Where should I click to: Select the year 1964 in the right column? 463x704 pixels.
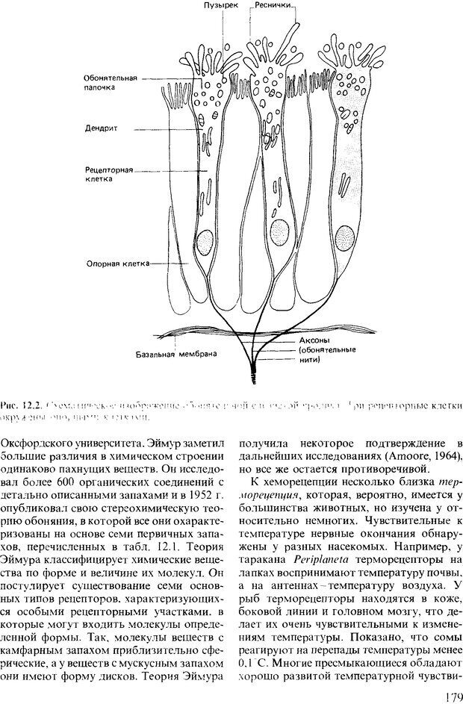(x=446, y=456)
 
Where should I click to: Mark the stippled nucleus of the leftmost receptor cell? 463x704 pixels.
(x=205, y=240)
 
